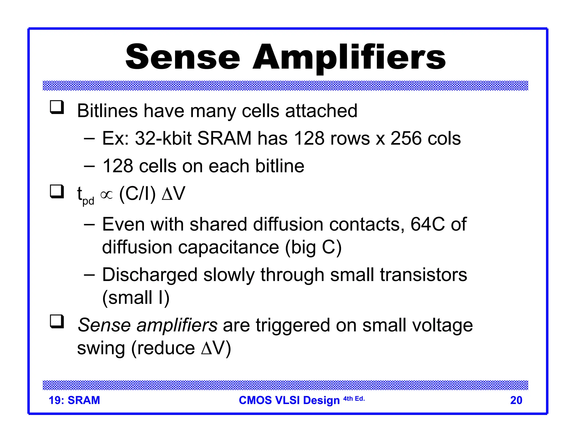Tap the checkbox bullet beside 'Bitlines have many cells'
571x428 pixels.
pyautogui.click(x=57, y=107)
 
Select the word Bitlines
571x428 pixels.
pyautogui.click(x=107, y=111)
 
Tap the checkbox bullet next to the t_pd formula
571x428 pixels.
pyautogui.click(x=57, y=191)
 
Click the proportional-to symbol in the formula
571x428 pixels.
pyautogui.click(x=107, y=195)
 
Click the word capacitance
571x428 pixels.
pyautogui.click(x=228, y=247)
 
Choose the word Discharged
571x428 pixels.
pyautogui.click(x=150, y=275)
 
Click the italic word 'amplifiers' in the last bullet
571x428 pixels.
pyautogui.click(x=177, y=325)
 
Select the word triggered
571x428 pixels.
pyautogui.click(x=293, y=325)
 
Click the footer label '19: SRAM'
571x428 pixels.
pyautogui.click(x=74, y=400)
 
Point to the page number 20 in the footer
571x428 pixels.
pyautogui.click(x=516, y=400)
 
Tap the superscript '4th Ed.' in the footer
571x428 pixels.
pyautogui.click(x=354, y=399)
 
